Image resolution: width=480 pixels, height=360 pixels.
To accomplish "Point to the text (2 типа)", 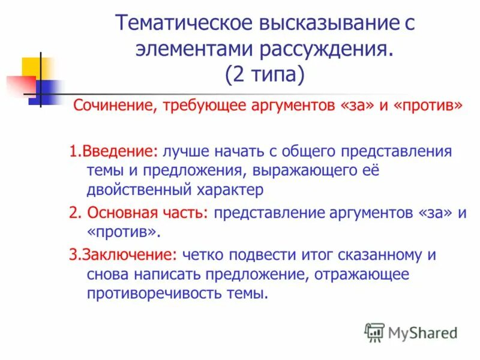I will (x=265, y=76).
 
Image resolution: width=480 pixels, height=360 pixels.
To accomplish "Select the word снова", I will (x=105, y=274).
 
